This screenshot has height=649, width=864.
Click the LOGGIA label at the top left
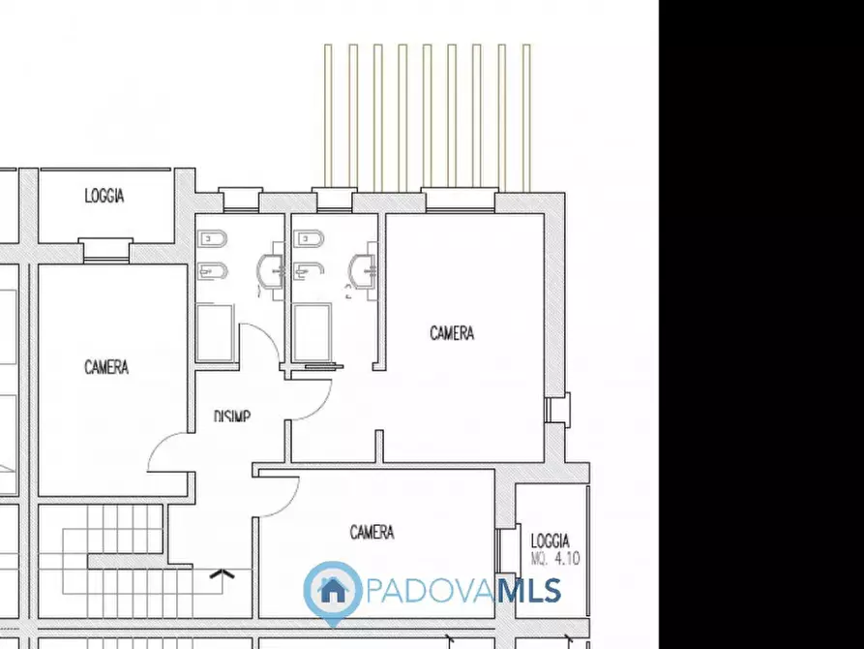[x=104, y=196]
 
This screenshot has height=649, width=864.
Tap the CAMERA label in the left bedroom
[x=106, y=367]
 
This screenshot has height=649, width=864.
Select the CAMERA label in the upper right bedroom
[x=452, y=333]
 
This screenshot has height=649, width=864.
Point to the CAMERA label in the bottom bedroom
[x=372, y=532]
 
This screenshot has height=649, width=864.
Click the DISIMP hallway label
[x=232, y=416]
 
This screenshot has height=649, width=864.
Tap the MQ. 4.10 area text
[x=555, y=559]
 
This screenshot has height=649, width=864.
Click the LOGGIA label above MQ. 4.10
[x=551, y=541]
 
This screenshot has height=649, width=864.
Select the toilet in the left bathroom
[x=210, y=237]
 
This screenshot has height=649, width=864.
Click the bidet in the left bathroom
[x=210, y=270]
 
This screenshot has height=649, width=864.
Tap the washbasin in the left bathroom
[x=273, y=270]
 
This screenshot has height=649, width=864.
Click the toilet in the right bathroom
[x=310, y=237]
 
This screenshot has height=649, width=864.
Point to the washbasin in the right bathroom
[x=365, y=270]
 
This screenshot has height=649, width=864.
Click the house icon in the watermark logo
[x=333, y=588]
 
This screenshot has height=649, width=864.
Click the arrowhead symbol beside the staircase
[x=223, y=574]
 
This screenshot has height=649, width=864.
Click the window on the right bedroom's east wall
[x=556, y=409]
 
